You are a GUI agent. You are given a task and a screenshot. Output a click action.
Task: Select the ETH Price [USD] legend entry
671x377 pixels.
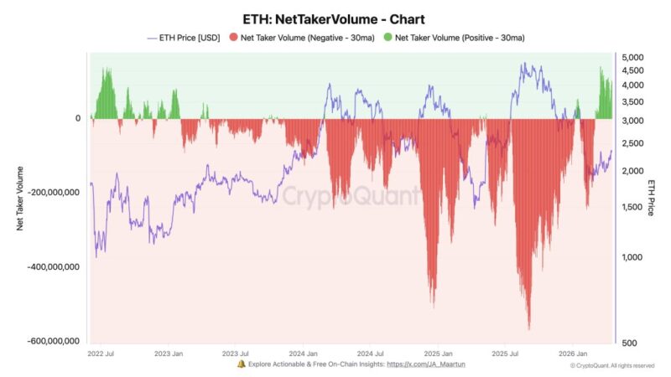pyautogui.click(x=186, y=38)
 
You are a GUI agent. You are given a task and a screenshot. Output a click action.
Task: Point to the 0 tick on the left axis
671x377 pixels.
pyautogui.click(x=77, y=118)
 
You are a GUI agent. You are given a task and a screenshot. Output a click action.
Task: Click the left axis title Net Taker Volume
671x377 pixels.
pyautogui.click(x=20, y=198)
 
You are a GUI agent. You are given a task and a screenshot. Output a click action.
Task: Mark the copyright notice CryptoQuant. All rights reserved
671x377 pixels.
pyautogui.click(x=611, y=365)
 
